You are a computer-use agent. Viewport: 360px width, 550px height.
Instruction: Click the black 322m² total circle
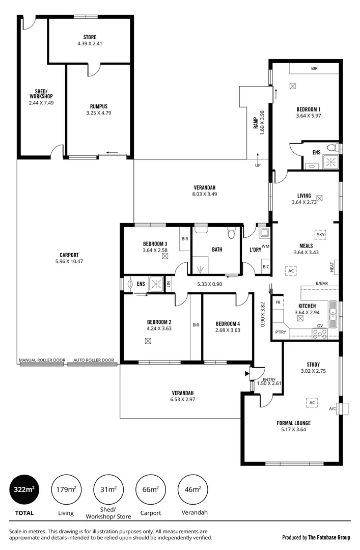pos(24,490)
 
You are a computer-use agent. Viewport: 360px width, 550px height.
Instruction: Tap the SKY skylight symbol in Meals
pos(320,234)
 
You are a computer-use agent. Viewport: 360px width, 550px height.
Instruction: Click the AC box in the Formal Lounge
pos(312,402)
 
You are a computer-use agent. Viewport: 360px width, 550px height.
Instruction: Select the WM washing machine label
pos(265,246)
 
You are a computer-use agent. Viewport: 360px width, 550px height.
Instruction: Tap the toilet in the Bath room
pos(231,234)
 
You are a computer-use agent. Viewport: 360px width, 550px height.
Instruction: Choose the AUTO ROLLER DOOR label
pos(94,360)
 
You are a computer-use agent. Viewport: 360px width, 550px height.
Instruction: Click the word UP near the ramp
pos(258,166)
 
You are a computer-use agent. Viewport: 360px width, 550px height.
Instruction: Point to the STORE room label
pos(90,37)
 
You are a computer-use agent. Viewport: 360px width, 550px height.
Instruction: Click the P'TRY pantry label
pos(280,332)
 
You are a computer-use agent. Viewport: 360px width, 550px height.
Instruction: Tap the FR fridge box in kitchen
pos(279,302)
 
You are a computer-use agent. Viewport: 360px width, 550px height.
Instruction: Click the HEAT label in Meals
pos(331,266)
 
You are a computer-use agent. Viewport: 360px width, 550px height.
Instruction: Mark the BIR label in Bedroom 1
pos(315,68)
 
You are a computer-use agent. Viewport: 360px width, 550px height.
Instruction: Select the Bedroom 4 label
pos(228,323)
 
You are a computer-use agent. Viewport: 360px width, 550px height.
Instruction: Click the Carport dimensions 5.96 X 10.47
pos(69,261)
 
